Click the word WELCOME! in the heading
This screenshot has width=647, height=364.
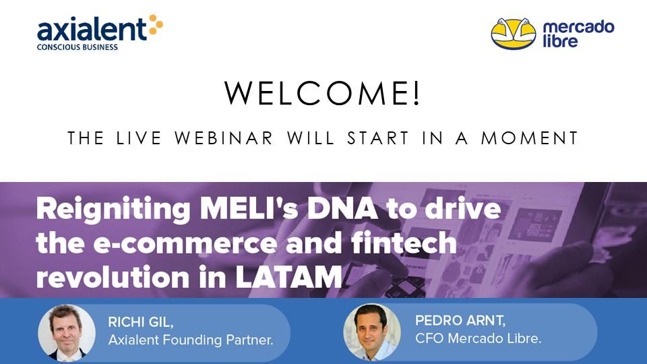click(322, 93)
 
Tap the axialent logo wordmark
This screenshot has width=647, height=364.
click(92, 29)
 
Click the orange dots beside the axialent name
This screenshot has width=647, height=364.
click(156, 25)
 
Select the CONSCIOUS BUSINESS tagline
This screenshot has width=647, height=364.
click(77, 47)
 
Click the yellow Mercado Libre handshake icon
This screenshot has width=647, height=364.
click(514, 34)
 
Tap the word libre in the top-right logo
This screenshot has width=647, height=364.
click(560, 41)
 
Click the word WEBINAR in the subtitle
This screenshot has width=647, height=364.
click(224, 138)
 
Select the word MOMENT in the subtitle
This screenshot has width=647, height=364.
click(530, 138)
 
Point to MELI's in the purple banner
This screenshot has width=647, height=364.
click(249, 208)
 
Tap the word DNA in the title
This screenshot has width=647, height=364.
click(342, 208)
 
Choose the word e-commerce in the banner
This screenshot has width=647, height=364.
click(185, 243)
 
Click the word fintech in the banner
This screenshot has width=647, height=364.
click(404, 242)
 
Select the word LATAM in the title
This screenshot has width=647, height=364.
click(288, 277)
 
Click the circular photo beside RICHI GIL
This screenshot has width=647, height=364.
click(67, 333)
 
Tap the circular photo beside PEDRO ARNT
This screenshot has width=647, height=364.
click(372, 332)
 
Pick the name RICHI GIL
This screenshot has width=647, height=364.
click(141, 322)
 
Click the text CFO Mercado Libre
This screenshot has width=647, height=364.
click(478, 338)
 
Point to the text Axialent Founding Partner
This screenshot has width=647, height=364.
click(191, 340)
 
